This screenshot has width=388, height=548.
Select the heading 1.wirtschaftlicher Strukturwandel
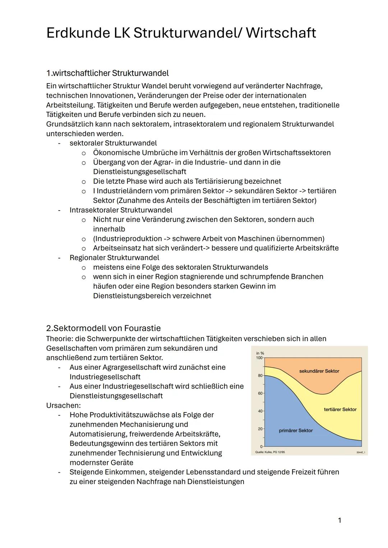pyautogui.click(x=107, y=73)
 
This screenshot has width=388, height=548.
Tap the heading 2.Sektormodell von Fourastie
pyautogui.click(x=103, y=328)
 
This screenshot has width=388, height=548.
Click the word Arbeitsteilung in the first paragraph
pyautogui.click(x=70, y=105)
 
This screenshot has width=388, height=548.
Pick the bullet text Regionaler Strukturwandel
pyautogui.click(x=114, y=258)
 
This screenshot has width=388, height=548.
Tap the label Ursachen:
pyautogui.click(x=63, y=405)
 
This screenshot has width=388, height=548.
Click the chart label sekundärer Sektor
pyautogui.click(x=319, y=371)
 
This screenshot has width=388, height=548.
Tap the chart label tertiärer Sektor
pyautogui.click(x=340, y=409)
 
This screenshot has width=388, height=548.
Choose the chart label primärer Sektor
pyautogui.click(x=296, y=430)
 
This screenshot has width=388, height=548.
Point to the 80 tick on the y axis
pyautogui.click(x=260, y=375)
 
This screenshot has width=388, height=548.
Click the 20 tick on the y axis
pyautogui.click(x=260, y=429)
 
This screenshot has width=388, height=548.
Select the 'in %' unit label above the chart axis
pyautogui.click(x=260, y=353)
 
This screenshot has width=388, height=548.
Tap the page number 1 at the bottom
pyautogui.click(x=339, y=520)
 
